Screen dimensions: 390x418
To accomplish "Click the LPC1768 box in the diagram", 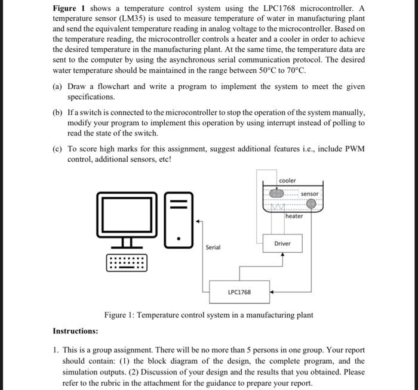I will tap(239, 292).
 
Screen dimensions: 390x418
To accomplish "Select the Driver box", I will tap(282, 243).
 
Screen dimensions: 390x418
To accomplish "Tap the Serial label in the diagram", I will tap(213, 247).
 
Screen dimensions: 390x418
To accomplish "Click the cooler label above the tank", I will tap(287, 181).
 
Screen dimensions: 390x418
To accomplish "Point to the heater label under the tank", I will tap(294, 216).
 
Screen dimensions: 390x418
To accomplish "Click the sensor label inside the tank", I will tap(309, 194).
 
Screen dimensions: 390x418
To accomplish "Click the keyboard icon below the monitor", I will tap(126, 263).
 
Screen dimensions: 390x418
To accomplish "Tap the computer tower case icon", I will tap(177, 219).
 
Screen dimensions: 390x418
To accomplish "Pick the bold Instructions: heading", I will tap(75, 331).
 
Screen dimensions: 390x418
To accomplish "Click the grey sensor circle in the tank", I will tap(311, 204).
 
